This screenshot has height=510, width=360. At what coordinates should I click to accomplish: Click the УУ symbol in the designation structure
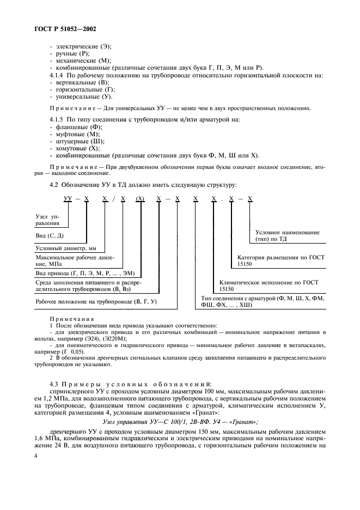pyautogui.click(x=68, y=201)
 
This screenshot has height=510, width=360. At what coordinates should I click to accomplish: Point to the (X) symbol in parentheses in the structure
pyautogui.click(x=140, y=201)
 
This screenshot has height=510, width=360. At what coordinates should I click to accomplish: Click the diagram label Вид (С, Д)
pyautogui.click(x=51, y=235)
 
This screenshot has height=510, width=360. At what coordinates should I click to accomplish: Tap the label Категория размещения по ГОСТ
pyautogui.click(x=281, y=257)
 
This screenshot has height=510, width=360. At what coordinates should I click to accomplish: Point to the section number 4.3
pyautogui.click(x=54, y=385)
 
